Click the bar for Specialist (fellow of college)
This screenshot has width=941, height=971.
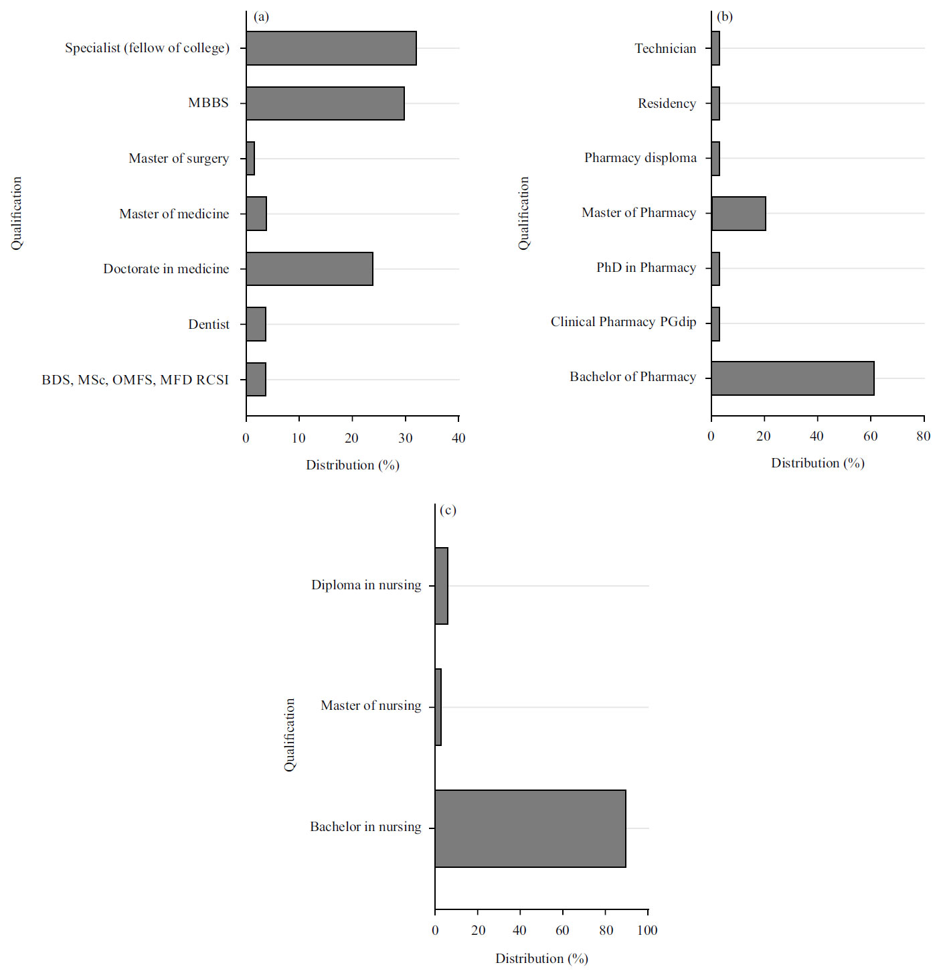pos(331,48)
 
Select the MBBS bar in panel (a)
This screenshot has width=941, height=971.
pos(325,103)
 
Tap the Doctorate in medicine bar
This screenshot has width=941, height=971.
pos(309,269)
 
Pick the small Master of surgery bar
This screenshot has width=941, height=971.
pos(250,159)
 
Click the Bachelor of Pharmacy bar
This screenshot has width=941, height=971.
pos(792,378)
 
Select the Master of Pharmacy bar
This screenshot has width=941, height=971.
pos(738,214)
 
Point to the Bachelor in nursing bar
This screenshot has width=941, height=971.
pos(530,828)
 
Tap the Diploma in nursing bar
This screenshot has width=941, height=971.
pos(441,586)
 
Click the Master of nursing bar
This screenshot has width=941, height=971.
pos(438,707)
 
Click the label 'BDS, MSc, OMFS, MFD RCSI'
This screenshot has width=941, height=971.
pos(135,380)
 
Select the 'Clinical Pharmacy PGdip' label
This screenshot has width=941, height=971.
pos(623,322)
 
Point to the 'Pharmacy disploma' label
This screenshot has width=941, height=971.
pos(640,158)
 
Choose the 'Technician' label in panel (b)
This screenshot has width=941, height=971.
pos(665,48)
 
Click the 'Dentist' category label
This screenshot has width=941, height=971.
pos(209,324)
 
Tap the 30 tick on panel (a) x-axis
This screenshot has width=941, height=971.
pos(405,438)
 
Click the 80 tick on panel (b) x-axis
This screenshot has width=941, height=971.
pos(923,437)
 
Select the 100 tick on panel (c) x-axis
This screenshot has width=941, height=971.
pos(647,930)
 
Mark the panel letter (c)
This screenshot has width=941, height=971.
pos(448,510)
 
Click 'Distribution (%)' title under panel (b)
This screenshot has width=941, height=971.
pos(817,463)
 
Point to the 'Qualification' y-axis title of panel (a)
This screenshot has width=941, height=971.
pos(17,213)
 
